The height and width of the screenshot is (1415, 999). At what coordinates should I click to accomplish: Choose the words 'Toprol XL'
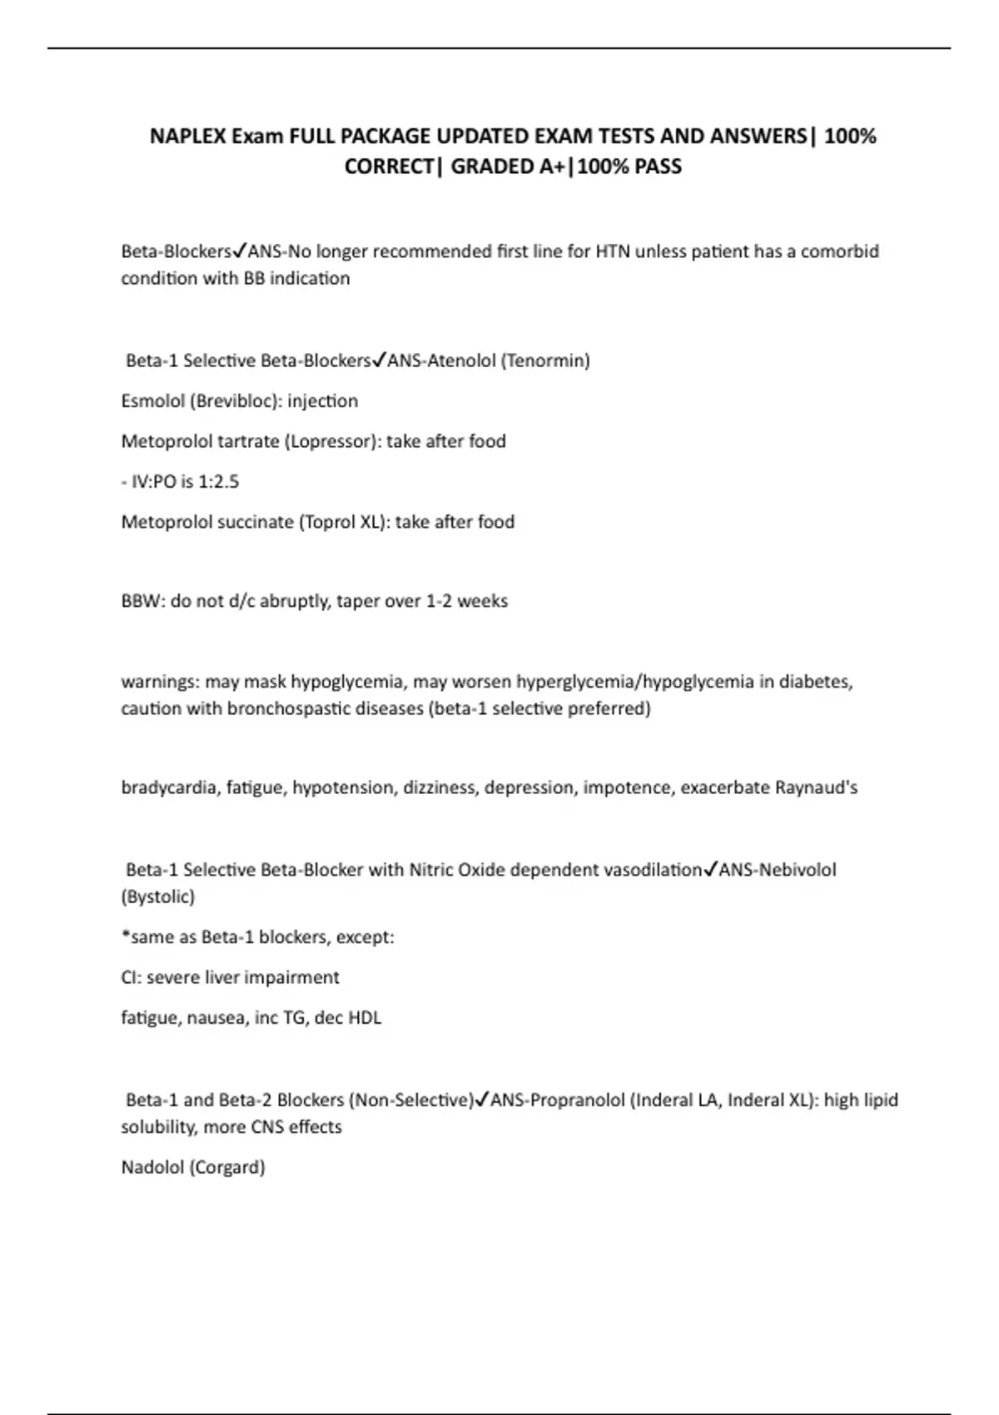(340, 522)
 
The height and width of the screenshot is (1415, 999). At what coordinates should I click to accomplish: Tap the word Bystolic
(158, 896)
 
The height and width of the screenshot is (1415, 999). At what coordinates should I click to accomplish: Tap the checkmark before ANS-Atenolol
(379, 360)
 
